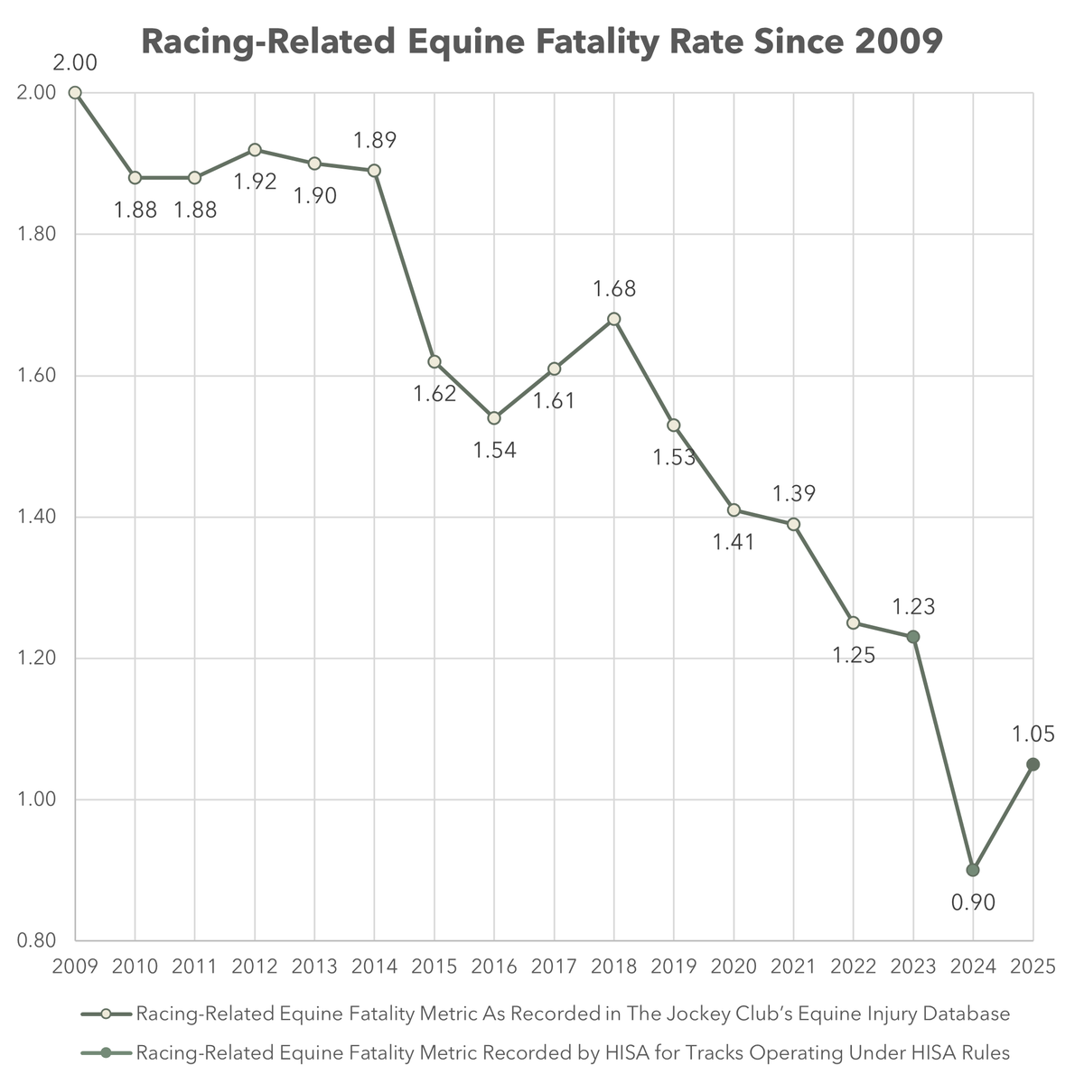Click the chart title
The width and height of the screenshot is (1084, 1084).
[542, 42]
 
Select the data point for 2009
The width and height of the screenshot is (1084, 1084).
[75, 93]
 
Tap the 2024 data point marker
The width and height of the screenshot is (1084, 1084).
[973, 870]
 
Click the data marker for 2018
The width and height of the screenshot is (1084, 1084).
[614, 319]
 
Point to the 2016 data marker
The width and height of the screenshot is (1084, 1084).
[494, 418]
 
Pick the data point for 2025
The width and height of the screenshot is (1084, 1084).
[1033, 764]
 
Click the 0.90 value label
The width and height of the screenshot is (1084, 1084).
[973, 902]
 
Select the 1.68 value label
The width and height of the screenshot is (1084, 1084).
[614, 289]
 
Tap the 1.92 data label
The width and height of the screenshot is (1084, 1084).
[255, 182]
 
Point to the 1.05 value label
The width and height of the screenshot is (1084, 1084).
[1033, 734]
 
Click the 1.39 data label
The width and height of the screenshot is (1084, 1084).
[794, 493]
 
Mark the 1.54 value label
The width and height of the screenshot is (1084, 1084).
[494, 450]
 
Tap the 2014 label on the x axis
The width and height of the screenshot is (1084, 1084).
[374, 967]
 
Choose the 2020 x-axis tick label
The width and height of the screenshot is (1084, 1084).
[734, 967]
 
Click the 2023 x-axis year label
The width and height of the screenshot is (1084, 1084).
[913, 967]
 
